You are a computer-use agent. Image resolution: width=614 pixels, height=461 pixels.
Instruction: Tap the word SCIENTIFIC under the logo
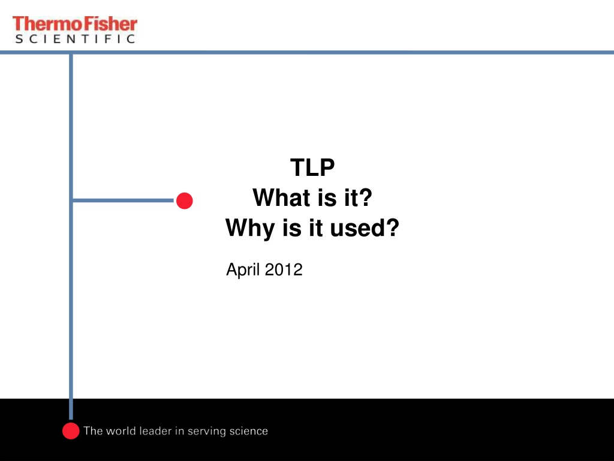pyautogui.click(x=75, y=39)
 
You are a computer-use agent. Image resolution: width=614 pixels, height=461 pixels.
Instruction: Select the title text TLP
pyautogui.click(x=312, y=167)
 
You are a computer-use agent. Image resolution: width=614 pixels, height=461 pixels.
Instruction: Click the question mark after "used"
pyautogui.click(x=392, y=227)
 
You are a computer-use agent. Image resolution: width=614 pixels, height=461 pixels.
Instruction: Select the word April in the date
pyautogui.click(x=243, y=270)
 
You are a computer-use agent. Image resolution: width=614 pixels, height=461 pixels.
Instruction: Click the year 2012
pyautogui.click(x=284, y=270)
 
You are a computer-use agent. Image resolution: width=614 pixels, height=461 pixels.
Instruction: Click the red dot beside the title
pyautogui.click(x=185, y=200)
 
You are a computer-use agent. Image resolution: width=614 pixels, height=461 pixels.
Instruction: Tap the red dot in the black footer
pyautogui.click(x=71, y=431)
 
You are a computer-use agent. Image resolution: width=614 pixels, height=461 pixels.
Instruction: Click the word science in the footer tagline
pyautogui.click(x=249, y=431)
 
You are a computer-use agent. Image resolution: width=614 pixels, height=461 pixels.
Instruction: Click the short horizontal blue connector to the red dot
pyautogui.click(x=124, y=200)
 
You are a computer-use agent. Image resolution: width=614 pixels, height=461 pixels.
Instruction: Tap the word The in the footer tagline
pyautogui.click(x=93, y=431)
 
